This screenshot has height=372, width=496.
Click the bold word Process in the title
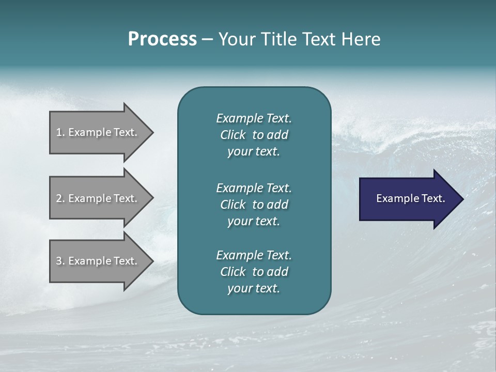pos(162,39)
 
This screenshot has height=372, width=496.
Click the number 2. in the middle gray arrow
pos(60,198)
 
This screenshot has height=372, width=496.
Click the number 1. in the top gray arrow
pos(60,132)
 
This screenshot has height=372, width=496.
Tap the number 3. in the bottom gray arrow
pos(60,261)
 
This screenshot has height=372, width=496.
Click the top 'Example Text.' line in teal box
pos(254,118)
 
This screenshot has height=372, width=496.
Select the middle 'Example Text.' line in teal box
pos(254,188)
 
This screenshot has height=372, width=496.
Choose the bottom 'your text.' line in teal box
pos(254,289)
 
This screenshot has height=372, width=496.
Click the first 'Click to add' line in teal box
pos(254,135)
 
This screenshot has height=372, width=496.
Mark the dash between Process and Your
pos(207,40)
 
